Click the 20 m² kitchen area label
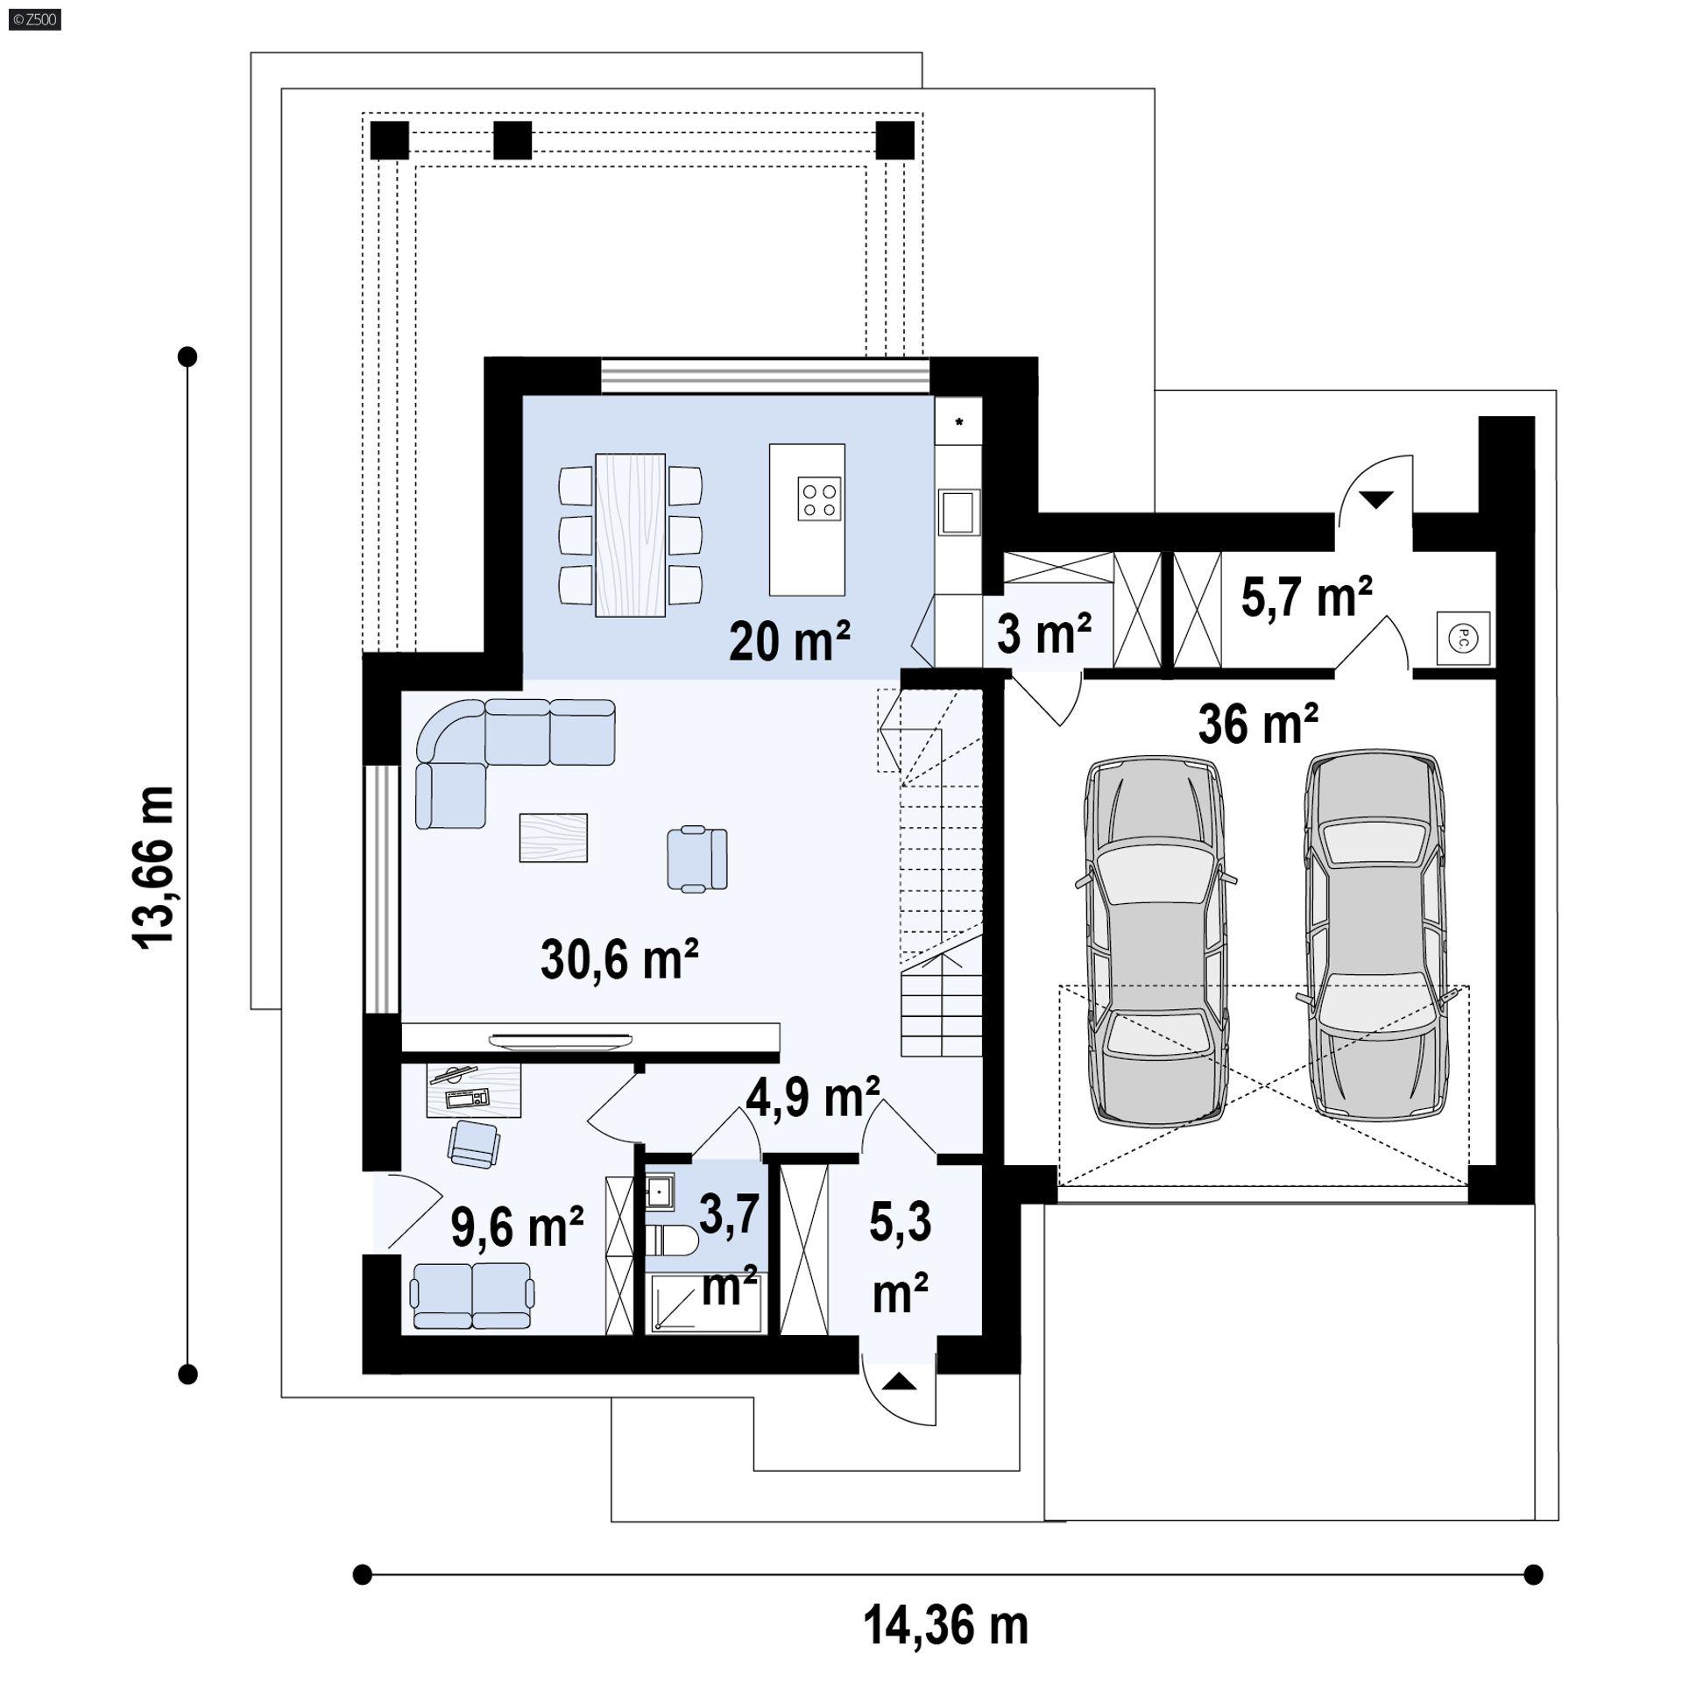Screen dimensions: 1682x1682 coord(789,641)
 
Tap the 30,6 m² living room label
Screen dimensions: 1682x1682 coord(619,958)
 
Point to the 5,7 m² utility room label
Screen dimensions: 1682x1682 coord(1306,597)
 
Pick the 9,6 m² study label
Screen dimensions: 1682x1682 coord(517,1226)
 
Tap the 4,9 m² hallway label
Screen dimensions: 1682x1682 coord(813,1097)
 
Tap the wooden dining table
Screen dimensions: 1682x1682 coord(630,534)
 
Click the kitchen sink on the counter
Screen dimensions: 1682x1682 coord(958,512)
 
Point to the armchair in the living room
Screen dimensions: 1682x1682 coord(697,859)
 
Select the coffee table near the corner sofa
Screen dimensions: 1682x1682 coord(554,837)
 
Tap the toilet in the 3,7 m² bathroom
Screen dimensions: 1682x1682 coord(672,1240)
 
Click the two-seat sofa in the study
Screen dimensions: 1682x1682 coord(472,1296)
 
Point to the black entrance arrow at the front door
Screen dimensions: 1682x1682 coord(899,1383)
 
